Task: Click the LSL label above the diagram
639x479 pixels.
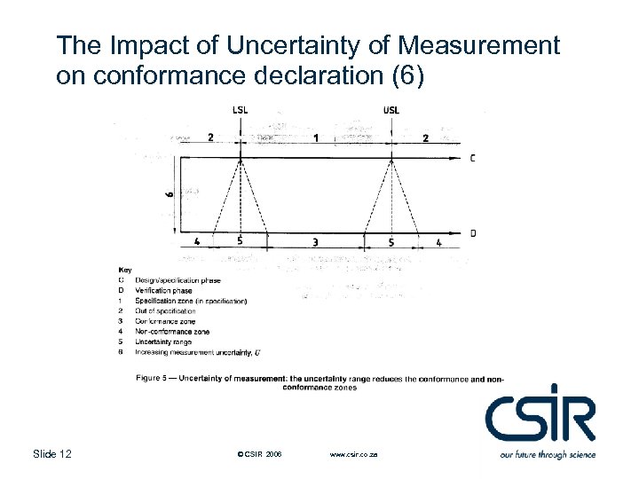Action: [x=241, y=110]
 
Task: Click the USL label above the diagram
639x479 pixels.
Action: [x=391, y=110]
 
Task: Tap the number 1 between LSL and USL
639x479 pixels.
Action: [x=316, y=137]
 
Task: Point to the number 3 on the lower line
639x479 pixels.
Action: [x=316, y=241]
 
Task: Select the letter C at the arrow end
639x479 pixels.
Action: [x=472, y=159]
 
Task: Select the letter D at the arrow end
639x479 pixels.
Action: [x=472, y=233]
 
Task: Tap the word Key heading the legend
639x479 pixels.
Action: [x=125, y=270]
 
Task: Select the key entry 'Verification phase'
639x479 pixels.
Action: [x=163, y=290]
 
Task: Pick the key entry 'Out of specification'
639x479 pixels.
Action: [x=166, y=311]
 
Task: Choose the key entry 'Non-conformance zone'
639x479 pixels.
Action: [x=172, y=331]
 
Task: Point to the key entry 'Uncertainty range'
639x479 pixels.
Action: [x=165, y=342]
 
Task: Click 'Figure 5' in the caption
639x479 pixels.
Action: [x=153, y=380]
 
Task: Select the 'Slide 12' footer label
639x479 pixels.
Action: [x=52, y=454]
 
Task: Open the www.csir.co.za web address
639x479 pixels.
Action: [x=353, y=455]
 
